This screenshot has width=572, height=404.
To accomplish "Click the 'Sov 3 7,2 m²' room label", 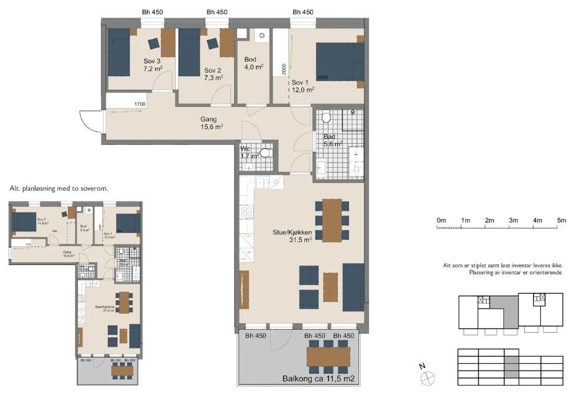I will pyautogui.click(x=152, y=65).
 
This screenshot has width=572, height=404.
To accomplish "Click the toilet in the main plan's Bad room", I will pyautogui.click(x=326, y=117).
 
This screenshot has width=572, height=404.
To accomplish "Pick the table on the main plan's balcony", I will pyautogui.click(x=328, y=356).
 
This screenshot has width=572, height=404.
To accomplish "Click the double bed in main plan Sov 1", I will pyautogui.click(x=338, y=61).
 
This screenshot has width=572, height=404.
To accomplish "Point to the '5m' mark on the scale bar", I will pyautogui.click(x=561, y=220).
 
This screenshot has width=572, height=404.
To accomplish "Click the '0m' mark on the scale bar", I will pyautogui.click(x=441, y=220).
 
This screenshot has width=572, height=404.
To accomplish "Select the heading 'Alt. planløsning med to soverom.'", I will pyautogui.click(x=58, y=188).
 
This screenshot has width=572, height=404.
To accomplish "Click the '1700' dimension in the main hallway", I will pyautogui.click(x=140, y=104).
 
